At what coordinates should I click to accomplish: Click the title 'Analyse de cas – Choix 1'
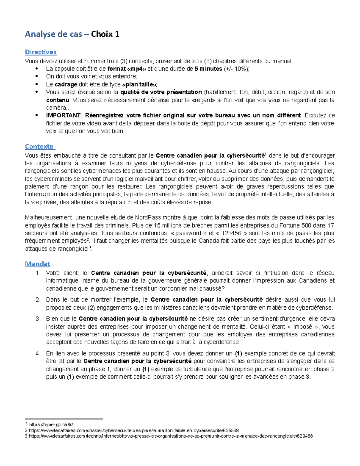pos(72,34)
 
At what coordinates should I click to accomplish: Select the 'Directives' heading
pos(40,52)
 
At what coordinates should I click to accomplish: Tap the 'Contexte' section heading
pos(39,146)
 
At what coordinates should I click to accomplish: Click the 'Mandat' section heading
pos(37,264)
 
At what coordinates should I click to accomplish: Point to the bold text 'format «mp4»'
pos(127,69)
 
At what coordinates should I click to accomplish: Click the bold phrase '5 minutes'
pos(208,69)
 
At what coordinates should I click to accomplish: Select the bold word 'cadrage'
pos(66,84)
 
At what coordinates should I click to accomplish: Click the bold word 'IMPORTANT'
pos(63,116)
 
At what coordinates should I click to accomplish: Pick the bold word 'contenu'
pos(57,100)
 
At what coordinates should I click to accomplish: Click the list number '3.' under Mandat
pos(38,319)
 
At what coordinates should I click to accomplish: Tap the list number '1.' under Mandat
pos(38,273)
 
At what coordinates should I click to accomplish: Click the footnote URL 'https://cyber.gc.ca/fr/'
pos(51,425)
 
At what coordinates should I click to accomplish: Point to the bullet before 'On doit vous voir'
pos(37,77)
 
